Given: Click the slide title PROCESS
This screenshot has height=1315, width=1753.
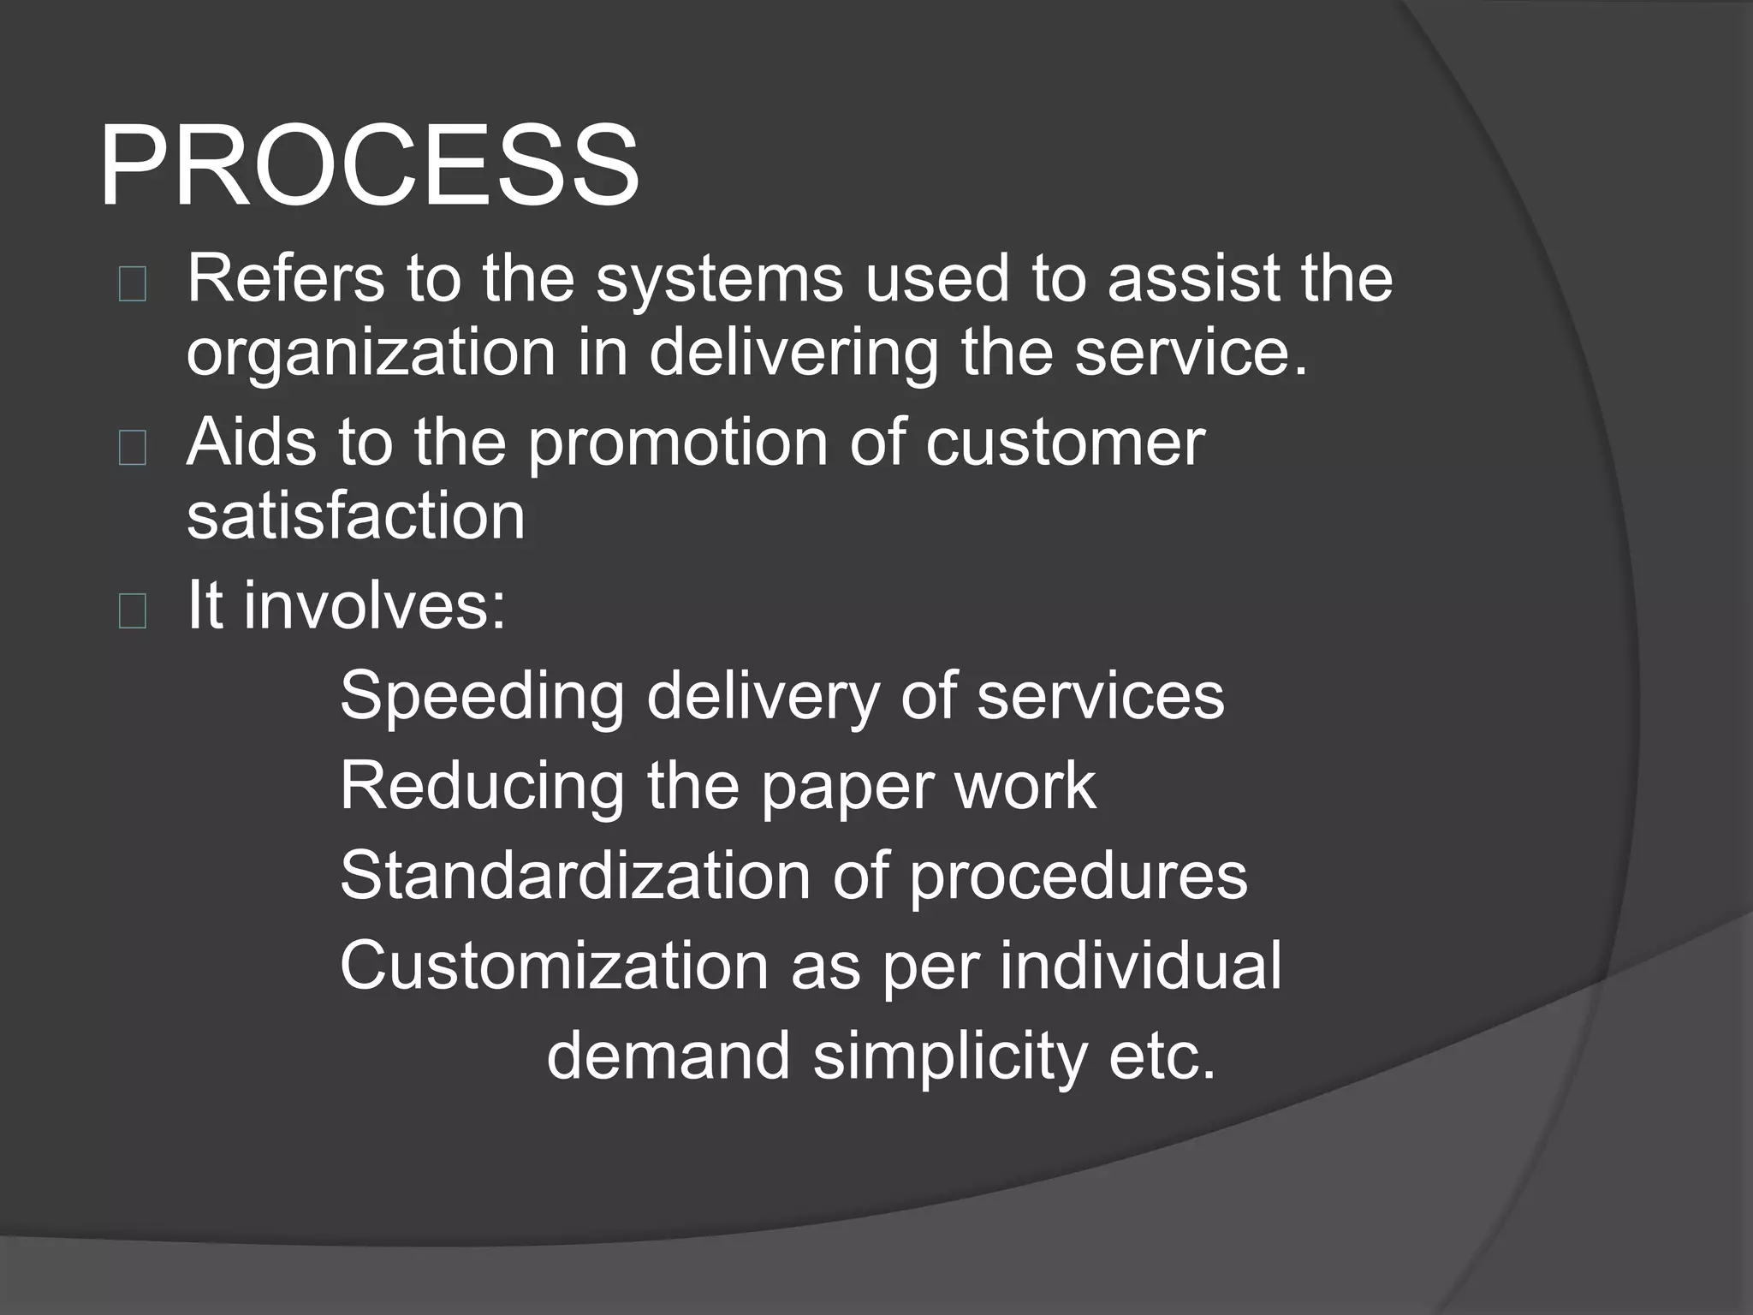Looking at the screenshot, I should pos(369,166).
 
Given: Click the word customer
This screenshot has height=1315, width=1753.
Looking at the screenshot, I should pos(1065,443).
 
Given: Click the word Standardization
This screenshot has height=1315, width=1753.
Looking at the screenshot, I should pos(574,875).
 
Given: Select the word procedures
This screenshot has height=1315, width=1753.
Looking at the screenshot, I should pos(1078,877).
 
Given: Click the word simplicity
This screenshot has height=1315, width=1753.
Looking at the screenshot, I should pos(949,1056).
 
